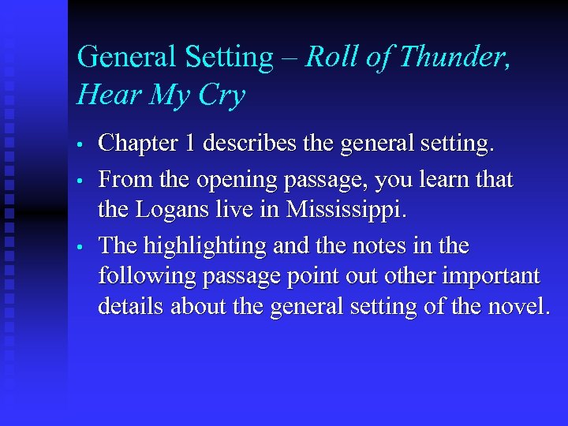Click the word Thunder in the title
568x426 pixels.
(x=450, y=58)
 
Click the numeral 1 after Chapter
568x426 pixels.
(x=209, y=144)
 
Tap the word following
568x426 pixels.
(x=147, y=277)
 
